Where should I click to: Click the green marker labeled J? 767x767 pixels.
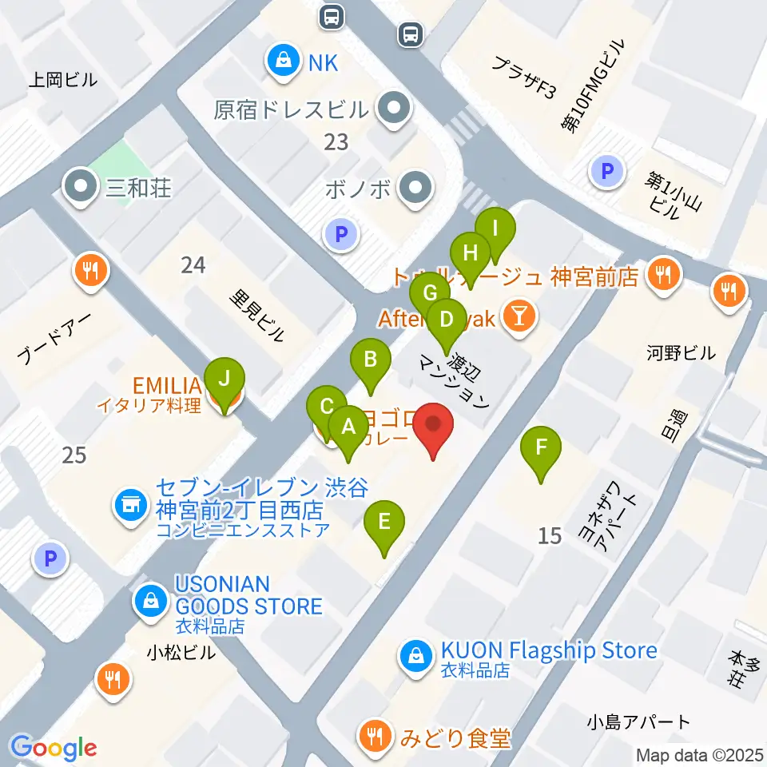point(225,378)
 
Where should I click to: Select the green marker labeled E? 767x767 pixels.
point(384,523)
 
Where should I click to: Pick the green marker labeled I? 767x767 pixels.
point(495,230)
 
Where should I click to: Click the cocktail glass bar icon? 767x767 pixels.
point(518,317)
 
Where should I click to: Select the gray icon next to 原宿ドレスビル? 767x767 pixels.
point(393,110)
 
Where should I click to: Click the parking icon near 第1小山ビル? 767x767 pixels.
point(606,170)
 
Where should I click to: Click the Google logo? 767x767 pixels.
point(54,747)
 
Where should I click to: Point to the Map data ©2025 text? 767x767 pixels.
point(699,754)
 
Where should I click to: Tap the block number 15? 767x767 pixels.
point(550,535)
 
